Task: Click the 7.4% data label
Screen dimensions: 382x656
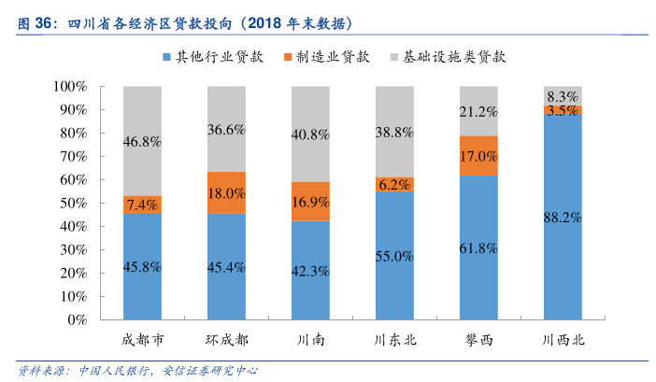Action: (142, 205)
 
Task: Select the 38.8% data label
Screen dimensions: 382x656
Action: (394, 133)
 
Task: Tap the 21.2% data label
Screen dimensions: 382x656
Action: (478, 112)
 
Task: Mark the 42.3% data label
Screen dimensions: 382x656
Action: (310, 272)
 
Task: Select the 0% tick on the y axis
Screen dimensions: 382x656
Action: (77, 319)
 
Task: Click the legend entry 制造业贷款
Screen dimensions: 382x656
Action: (333, 56)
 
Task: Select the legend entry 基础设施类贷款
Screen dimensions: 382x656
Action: (454, 56)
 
